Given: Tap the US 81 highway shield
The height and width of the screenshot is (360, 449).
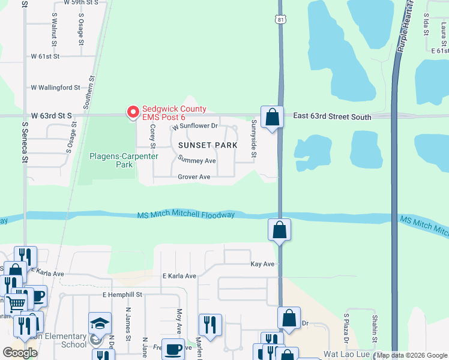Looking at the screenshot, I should [x=280, y=20].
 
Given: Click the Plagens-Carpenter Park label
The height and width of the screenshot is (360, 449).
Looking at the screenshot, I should [x=124, y=160].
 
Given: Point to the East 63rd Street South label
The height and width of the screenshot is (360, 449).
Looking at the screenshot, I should [x=332, y=117].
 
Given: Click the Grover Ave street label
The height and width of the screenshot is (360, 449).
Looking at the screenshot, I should [x=194, y=177].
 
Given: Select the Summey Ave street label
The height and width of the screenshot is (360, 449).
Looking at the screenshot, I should [x=197, y=161].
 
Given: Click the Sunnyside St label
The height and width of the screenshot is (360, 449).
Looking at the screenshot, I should [x=254, y=140].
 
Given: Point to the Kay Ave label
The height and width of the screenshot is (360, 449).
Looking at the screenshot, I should [x=262, y=264].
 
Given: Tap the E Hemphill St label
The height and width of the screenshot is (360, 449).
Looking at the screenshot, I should [x=122, y=295].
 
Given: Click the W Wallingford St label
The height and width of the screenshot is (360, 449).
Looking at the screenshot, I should [x=55, y=88].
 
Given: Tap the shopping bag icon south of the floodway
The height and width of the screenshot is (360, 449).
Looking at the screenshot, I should [x=280, y=229].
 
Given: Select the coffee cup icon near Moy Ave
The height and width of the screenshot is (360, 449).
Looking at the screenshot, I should [x=174, y=349].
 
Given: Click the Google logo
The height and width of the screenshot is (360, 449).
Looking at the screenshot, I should [x=19, y=353].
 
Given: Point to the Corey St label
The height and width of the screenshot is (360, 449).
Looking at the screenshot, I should [x=152, y=137].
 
